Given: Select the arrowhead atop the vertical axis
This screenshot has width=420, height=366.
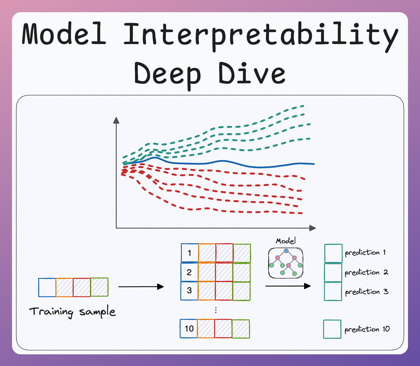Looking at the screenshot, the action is (x=116, y=120).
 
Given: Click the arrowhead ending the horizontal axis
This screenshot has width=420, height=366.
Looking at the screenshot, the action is (x=313, y=228).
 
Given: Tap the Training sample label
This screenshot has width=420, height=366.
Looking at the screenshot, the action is (x=72, y=311).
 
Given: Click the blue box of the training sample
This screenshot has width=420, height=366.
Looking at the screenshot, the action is (x=47, y=287).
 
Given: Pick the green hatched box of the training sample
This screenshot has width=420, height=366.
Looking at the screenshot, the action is (x=99, y=287).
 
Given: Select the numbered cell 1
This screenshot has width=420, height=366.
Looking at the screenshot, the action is (x=190, y=253).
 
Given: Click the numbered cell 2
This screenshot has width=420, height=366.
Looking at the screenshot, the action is (x=189, y=272).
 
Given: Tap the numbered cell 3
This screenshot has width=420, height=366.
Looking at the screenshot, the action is (x=189, y=291).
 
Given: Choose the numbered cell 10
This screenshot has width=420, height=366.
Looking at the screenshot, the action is (x=189, y=329).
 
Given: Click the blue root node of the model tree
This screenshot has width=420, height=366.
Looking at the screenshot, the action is (x=286, y=251).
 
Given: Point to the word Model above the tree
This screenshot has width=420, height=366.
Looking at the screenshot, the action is (x=286, y=241).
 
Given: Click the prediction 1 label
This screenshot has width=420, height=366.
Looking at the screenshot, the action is (x=365, y=253).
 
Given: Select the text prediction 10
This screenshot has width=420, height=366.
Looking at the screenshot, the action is (x=367, y=329).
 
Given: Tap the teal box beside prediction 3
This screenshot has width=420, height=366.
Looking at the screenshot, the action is (x=333, y=291).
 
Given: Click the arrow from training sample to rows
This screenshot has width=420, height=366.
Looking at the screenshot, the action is (x=141, y=287).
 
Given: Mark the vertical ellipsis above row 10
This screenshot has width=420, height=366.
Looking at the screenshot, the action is (x=216, y=310).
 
